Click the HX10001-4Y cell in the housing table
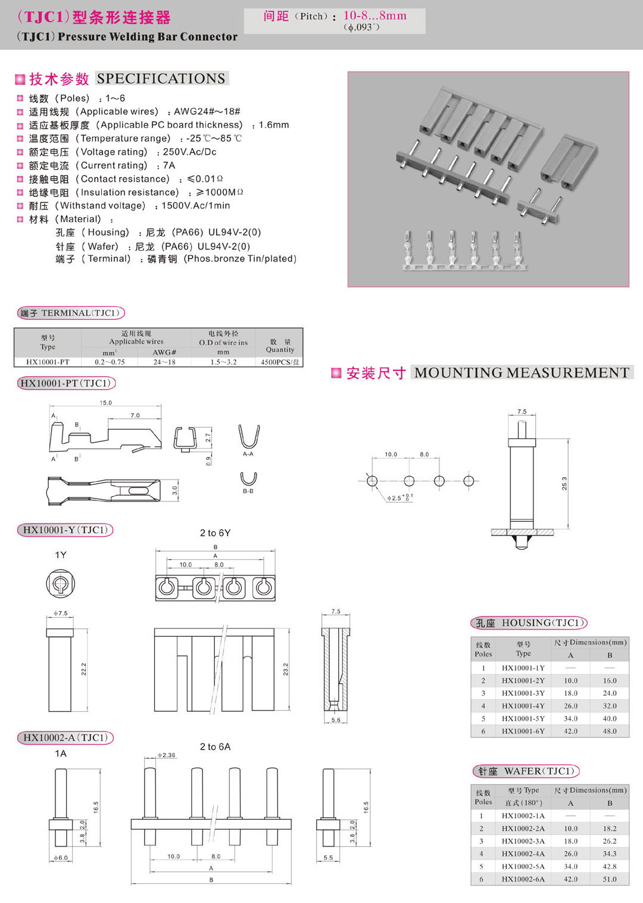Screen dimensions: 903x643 point(523,706)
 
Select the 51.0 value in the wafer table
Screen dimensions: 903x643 point(609,879)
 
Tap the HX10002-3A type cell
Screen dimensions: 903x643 point(523,841)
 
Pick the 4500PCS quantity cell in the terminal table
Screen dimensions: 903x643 point(280,362)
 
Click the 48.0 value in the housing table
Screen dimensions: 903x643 point(609,731)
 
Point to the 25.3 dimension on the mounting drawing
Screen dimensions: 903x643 point(564,483)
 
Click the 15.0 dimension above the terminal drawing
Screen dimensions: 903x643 point(105,403)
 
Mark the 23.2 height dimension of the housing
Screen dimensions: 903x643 point(286,669)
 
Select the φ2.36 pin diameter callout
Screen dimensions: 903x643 point(166,755)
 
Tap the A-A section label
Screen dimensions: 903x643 point(248,454)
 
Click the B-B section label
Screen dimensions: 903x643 point(248,491)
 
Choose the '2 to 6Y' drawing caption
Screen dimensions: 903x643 point(215,533)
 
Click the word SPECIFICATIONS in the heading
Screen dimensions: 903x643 point(161,79)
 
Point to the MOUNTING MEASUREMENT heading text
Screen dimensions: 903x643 point(522,373)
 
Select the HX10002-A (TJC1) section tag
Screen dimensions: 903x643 point(65,737)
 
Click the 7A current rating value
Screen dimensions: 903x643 point(169,166)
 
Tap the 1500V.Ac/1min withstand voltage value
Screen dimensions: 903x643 point(195,205)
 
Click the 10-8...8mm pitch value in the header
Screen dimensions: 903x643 point(374,16)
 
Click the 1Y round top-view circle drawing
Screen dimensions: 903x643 point(61,583)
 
